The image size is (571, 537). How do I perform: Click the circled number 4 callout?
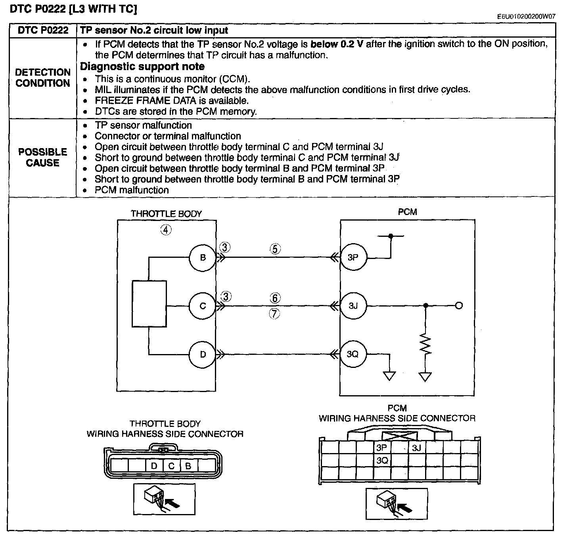pyautogui.click(x=166, y=230)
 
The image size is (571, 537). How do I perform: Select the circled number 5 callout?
pyautogui.click(x=275, y=249)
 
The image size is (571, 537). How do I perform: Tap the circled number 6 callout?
pyautogui.click(x=275, y=298)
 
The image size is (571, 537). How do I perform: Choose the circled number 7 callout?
pyautogui.click(x=274, y=314)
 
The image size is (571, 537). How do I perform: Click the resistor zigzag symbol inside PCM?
pyautogui.click(x=425, y=344)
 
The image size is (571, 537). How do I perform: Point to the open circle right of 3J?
pyautogui.click(x=459, y=306)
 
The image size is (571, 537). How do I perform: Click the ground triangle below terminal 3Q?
pyautogui.click(x=389, y=376)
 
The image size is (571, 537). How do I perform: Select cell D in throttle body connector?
pyautogui.click(x=154, y=465)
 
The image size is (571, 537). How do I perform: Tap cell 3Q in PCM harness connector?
pyautogui.click(x=382, y=460)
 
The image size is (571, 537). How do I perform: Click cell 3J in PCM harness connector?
pyautogui.click(x=417, y=447)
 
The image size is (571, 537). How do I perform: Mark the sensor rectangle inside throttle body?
pyautogui.click(x=149, y=304)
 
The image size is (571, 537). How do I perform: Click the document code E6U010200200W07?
pyautogui.click(x=526, y=16)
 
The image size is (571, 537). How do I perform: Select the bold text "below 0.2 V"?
pyautogui.click(x=337, y=44)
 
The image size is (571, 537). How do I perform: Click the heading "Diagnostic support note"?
pyautogui.click(x=142, y=67)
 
